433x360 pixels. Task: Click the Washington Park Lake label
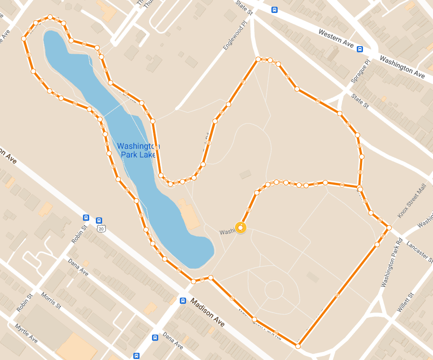click(x=138, y=150)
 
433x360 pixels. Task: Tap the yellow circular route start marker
click(x=241, y=228)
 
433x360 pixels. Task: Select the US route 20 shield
click(x=100, y=229)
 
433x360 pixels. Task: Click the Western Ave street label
click(x=336, y=39)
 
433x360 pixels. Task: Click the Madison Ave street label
click(x=208, y=313)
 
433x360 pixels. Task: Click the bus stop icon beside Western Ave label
click(x=360, y=48)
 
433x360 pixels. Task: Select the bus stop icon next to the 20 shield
click(x=86, y=217)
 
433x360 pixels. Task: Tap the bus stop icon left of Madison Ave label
click(x=183, y=300)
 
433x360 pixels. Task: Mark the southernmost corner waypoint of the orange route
click(x=298, y=346)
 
